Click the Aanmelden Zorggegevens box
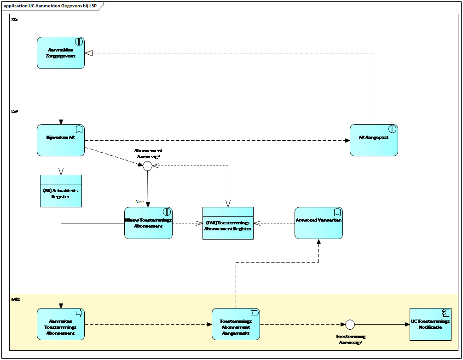pyautogui.click(x=61, y=53)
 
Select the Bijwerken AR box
pyautogui.click(x=61, y=140)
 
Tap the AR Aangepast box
pyautogui.click(x=374, y=140)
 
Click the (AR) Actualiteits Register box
pyautogui.click(x=61, y=191)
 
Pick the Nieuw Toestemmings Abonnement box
pyautogui.click(x=148, y=223)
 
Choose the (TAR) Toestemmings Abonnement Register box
pyautogui.click(x=228, y=223)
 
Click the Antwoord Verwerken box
pyautogui.click(x=318, y=223)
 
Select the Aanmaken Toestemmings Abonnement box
pyautogui.click(x=61, y=324)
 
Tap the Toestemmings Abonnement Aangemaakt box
pyautogui.click(x=236, y=324)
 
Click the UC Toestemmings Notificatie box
pyautogui.click(x=430, y=324)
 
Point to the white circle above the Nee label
pyautogui.click(x=147, y=166)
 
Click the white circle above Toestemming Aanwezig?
pyautogui.click(x=350, y=325)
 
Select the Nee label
pyautogui.click(x=139, y=201)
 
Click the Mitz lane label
pyautogui.click(x=16, y=299)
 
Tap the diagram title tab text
pyautogui.click(x=50, y=6)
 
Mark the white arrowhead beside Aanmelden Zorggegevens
pyautogui.click(x=89, y=53)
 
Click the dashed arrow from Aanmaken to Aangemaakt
pyautogui.click(x=147, y=324)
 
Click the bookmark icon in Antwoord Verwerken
pyautogui.click(x=337, y=212)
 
